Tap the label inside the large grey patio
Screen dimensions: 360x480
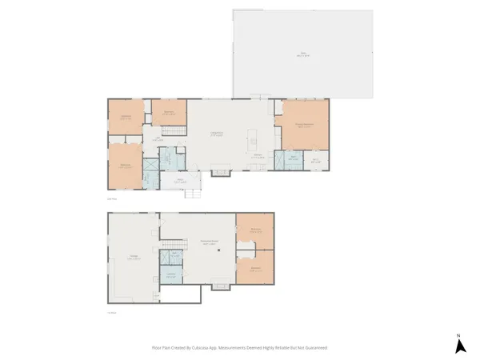(x=303, y=54)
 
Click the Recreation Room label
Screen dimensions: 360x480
(x=210, y=243)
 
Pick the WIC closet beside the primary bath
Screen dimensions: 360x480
(x=316, y=160)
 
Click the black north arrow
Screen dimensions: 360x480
(x=460, y=346)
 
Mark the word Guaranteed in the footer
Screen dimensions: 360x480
(x=313, y=348)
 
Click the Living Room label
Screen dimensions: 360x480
(x=216, y=133)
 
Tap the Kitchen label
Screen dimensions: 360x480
(x=258, y=155)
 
